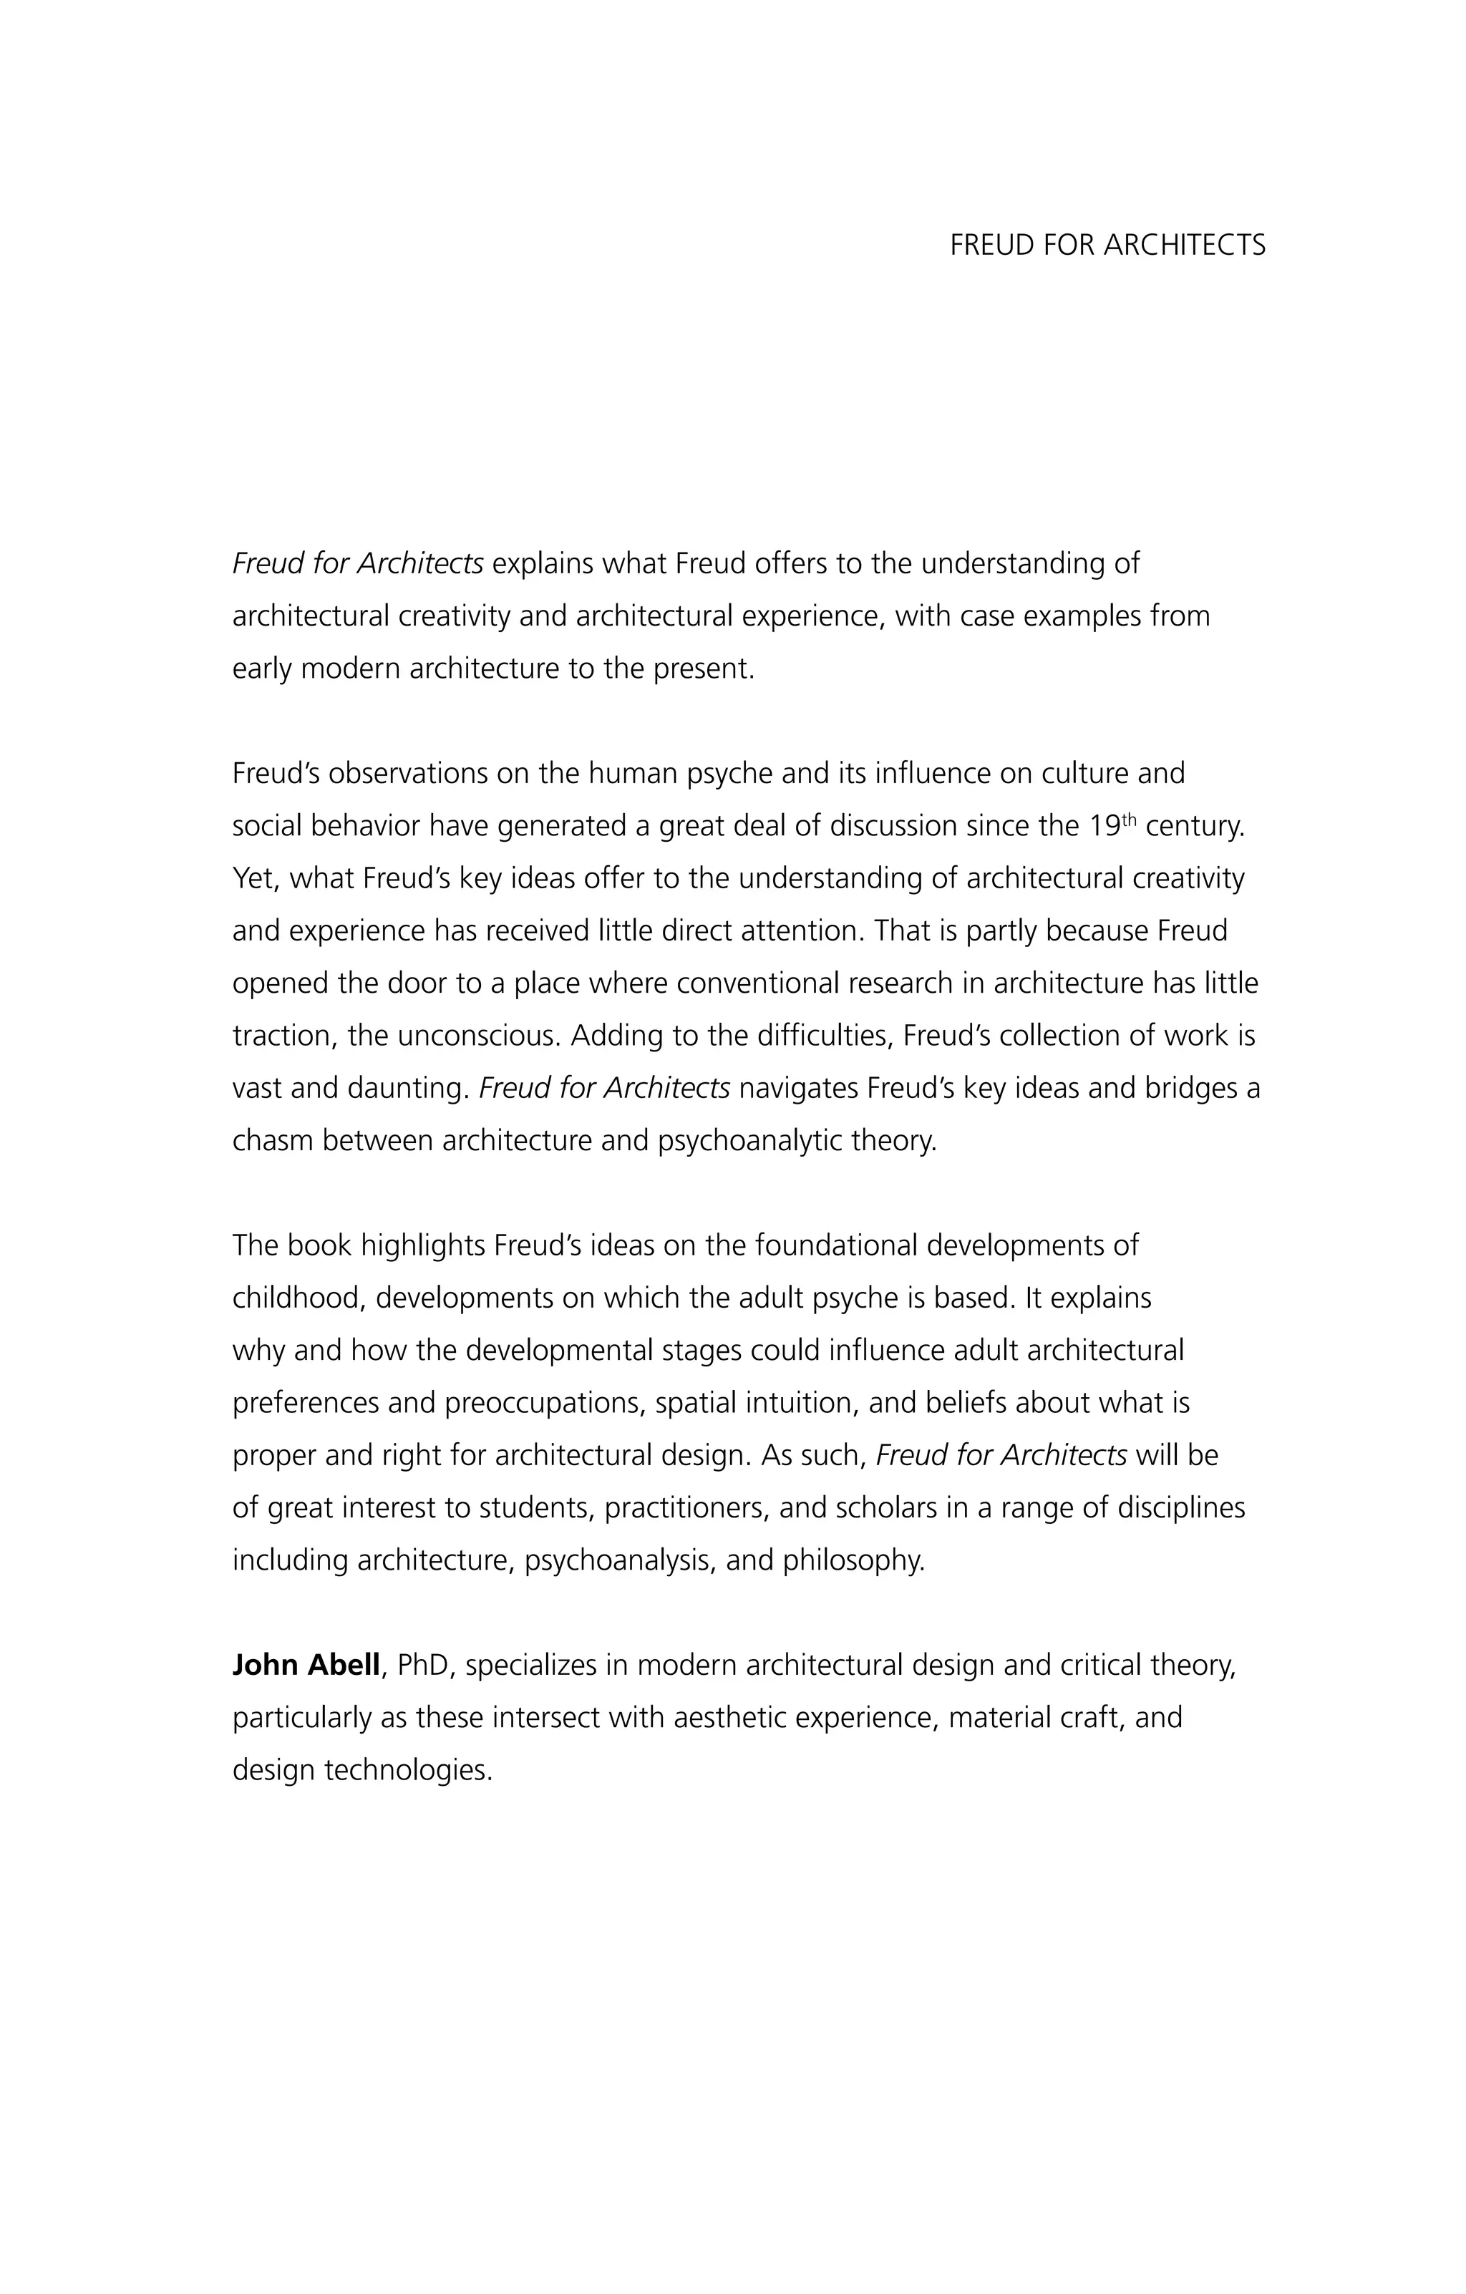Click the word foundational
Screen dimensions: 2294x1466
pos(835,1245)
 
